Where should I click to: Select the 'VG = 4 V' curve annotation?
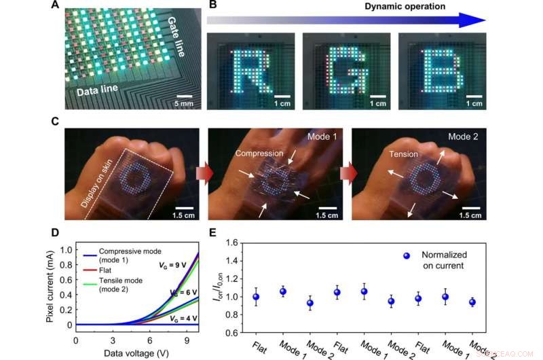point(181,318)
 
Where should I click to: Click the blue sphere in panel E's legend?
point(406,255)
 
